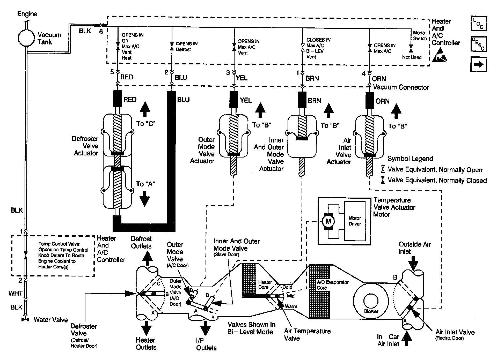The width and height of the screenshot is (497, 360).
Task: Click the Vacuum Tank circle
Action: click(x=26, y=38)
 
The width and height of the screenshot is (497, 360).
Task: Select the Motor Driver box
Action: click(x=355, y=221)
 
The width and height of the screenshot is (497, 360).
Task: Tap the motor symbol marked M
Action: click(x=328, y=221)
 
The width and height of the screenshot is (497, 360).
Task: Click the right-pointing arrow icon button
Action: click(x=479, y=64)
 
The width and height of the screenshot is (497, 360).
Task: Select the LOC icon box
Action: click(x=479, y=23)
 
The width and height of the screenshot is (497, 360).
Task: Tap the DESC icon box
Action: click(x=479, y=44)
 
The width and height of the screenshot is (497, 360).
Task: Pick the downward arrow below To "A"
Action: click(x=145, y=199)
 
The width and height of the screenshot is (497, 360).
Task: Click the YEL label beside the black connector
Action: click(x=246, y=100)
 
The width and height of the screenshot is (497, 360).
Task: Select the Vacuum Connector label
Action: click(x=401, y=87)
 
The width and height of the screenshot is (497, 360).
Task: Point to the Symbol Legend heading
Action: click(x=410, y=159)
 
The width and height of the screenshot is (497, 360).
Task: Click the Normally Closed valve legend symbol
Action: click(x=382, y=180)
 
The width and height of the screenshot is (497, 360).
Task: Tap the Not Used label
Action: click(x=412, y=57)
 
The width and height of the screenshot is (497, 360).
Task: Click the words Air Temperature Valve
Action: click(x=307, y=335)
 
